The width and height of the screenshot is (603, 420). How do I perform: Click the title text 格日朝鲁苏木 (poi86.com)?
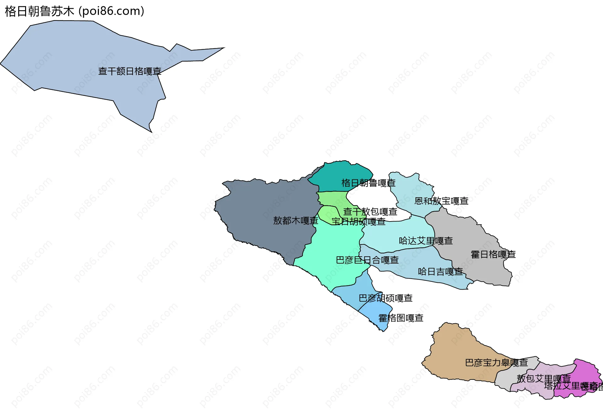74,11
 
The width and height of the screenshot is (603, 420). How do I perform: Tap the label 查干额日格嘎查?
130,71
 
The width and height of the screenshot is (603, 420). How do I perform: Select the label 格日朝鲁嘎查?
368,183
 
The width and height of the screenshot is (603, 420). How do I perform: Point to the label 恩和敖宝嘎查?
441,201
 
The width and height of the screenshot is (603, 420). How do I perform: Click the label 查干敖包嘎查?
370,212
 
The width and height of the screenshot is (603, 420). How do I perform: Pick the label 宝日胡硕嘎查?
358,222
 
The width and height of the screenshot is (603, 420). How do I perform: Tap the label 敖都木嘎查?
296,221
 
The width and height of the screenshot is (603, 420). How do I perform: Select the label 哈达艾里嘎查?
426,241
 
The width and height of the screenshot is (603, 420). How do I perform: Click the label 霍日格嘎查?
493,254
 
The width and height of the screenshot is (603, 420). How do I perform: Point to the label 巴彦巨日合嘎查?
367,260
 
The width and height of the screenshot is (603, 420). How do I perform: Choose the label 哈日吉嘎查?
440,272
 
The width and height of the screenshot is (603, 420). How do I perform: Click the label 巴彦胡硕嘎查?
385,298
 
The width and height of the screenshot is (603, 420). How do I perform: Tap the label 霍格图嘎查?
401,318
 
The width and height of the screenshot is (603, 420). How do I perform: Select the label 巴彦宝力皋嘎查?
496,363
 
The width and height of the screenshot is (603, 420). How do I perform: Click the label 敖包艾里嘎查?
543,379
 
